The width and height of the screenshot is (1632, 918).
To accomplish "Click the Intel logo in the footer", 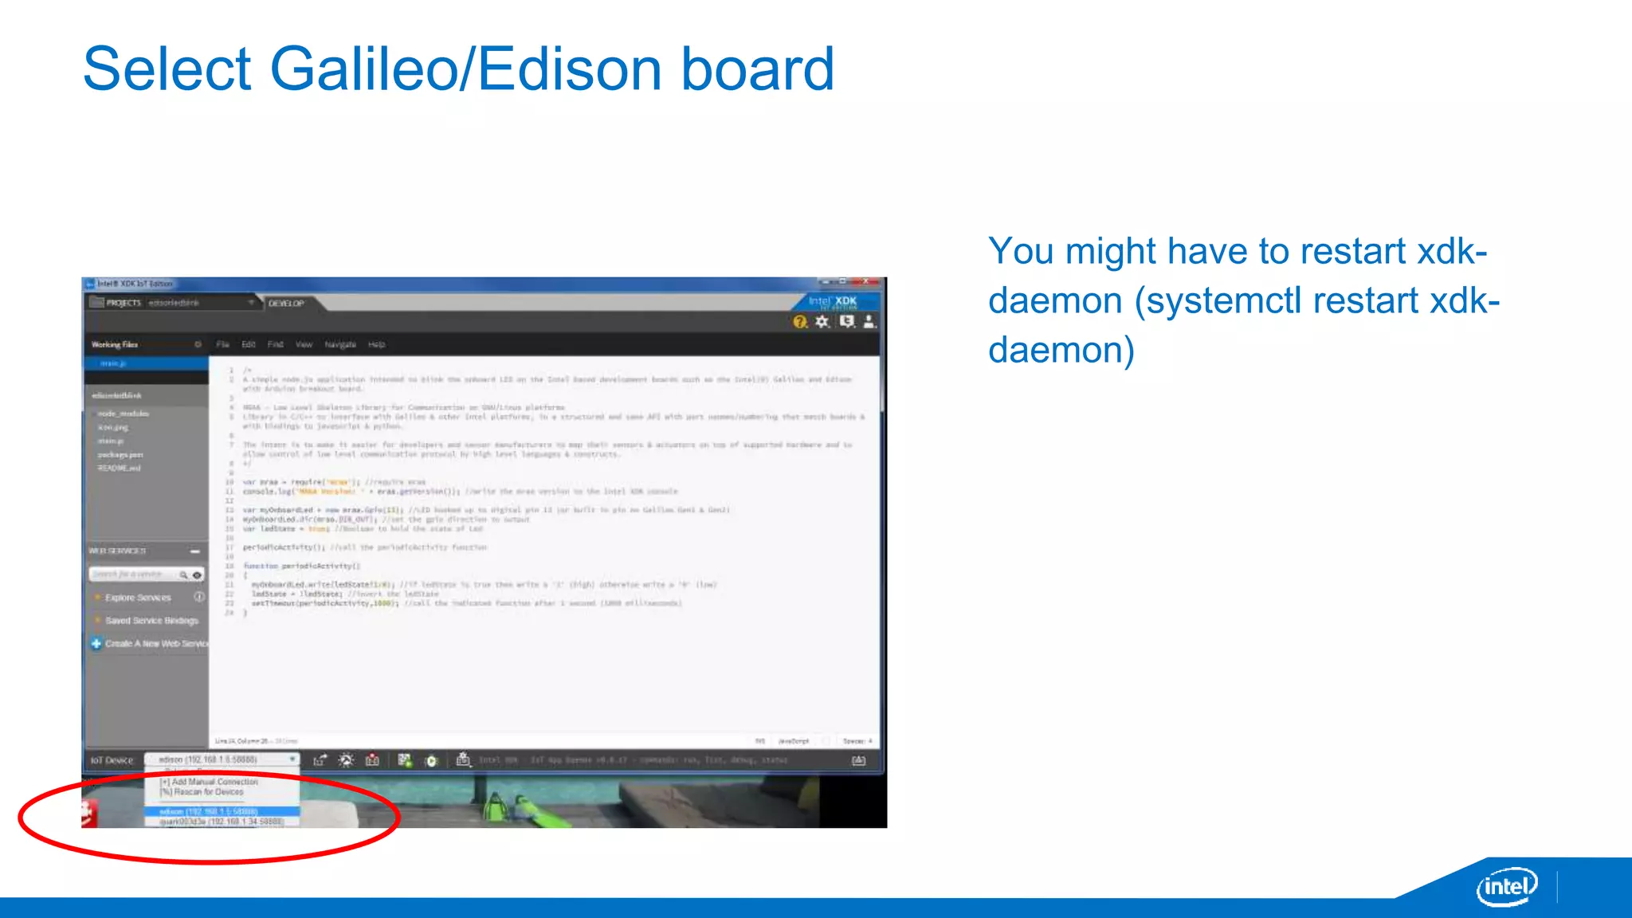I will [1506, 886].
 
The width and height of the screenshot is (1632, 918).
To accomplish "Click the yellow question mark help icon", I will [800, 322].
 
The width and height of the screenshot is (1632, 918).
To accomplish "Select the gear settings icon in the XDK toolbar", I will [822, 322].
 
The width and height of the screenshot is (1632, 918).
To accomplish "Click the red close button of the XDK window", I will [867, 282].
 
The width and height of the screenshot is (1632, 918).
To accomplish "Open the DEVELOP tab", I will [286, 304].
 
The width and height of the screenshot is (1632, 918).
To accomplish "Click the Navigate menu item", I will [340, 345].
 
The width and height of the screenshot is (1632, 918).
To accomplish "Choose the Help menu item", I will [377, 345].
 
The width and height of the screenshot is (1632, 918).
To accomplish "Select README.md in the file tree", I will [119, 469].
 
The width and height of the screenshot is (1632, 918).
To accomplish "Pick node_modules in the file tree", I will [123, 414].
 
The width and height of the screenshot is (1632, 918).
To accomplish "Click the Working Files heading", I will [115, 345].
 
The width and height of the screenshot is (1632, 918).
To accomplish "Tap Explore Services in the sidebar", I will [138, 598].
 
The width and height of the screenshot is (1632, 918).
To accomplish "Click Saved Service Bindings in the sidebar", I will [151, 621].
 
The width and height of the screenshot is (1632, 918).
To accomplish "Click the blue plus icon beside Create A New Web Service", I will [96, 644].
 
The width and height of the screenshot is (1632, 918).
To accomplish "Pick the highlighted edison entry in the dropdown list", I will [209, 811].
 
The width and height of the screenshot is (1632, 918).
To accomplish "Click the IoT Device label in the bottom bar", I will [112, 760].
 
